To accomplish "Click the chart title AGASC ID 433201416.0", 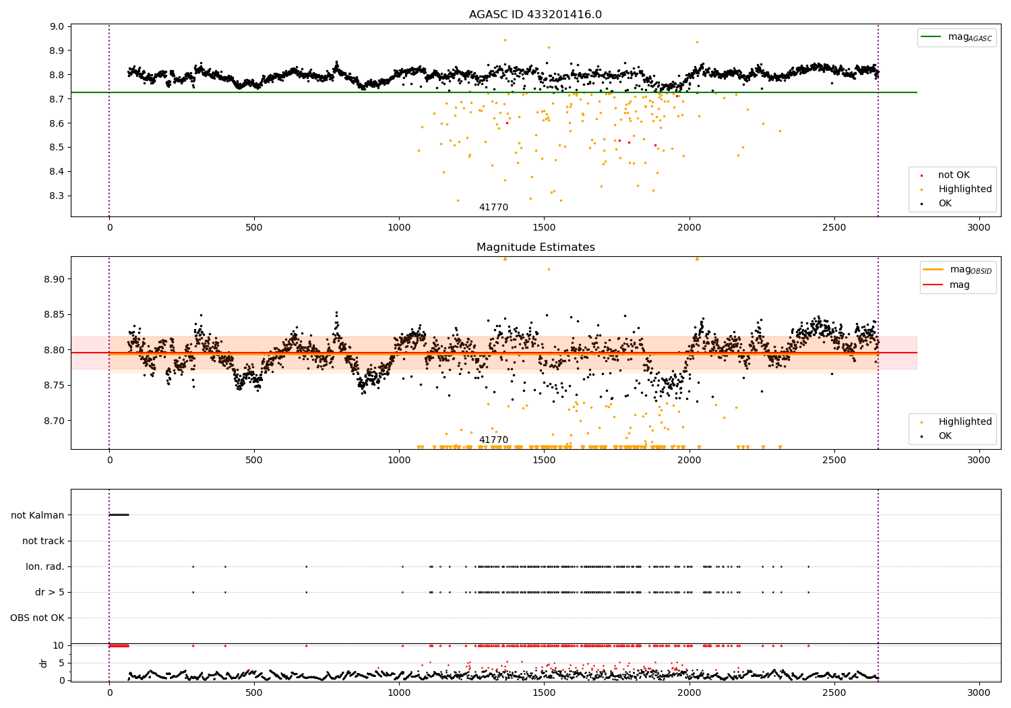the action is (535, 14).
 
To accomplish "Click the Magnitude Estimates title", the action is (536, 247).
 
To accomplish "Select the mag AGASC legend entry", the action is (957, 37).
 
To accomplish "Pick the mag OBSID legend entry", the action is (957, 270).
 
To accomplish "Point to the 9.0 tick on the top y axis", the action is (57, 27).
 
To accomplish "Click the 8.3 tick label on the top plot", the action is (57, 196).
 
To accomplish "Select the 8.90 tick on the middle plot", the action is (54, 279).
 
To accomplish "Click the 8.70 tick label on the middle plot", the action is (54, 421).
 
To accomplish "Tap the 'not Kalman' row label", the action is (38, 515).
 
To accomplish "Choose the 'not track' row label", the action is (43, 541).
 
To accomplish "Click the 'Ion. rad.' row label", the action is (44, 566).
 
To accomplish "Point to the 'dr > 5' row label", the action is (50, 593).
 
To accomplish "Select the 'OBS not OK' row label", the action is (37, 618).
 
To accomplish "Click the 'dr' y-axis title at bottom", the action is (43, 663).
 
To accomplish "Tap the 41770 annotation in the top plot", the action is (493, 207).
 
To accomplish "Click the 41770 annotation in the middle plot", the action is (493, 440).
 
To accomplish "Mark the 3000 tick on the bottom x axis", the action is (979, 692).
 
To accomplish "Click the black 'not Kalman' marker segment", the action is (119, 514).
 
